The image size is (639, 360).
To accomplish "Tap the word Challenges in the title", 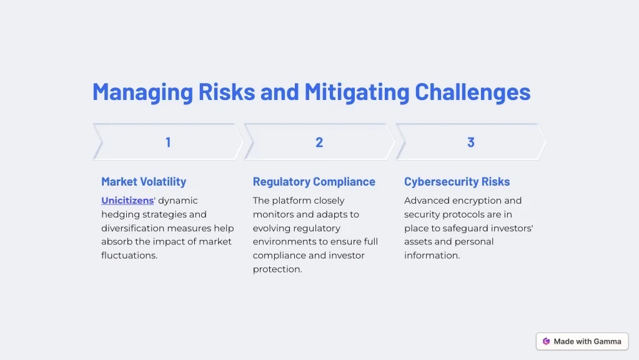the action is point(473,91).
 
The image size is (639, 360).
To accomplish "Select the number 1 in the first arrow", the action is point(168,142).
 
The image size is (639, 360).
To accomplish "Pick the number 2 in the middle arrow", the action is point(319,142).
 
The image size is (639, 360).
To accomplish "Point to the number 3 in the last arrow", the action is point(471,142).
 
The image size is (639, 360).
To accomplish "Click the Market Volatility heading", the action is point(144,181).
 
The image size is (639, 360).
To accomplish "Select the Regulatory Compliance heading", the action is point(314,181).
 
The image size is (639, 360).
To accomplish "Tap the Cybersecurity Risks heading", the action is point(457,181).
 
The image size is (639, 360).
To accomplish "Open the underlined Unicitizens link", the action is point(127,201).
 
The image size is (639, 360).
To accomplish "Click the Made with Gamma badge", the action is point(582,341).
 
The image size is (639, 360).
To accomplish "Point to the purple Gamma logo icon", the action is point(546,341).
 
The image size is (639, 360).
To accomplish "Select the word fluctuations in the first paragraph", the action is point(129,255).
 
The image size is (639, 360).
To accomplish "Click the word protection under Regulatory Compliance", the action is point(277,269).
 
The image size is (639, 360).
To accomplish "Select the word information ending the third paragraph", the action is point(432,255).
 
